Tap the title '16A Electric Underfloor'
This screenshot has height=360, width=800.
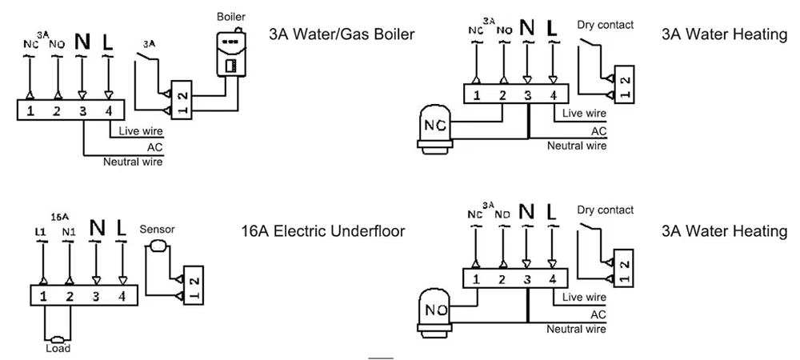tap(322, 231)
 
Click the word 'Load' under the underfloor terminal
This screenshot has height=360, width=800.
tap(58, 348)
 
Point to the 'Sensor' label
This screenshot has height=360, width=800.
tap(157, 229)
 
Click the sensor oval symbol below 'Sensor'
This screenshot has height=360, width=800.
tap(156, 245)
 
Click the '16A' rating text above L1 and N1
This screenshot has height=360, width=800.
tap(58, 217)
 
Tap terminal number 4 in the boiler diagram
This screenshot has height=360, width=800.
tap(110, 110)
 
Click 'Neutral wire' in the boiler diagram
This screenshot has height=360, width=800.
tap(133, 162)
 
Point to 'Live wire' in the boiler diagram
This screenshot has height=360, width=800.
tap(140, 131)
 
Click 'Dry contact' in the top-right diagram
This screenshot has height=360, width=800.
tap(605, 25)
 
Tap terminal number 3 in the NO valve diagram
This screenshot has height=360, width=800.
tap(527, 279)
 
